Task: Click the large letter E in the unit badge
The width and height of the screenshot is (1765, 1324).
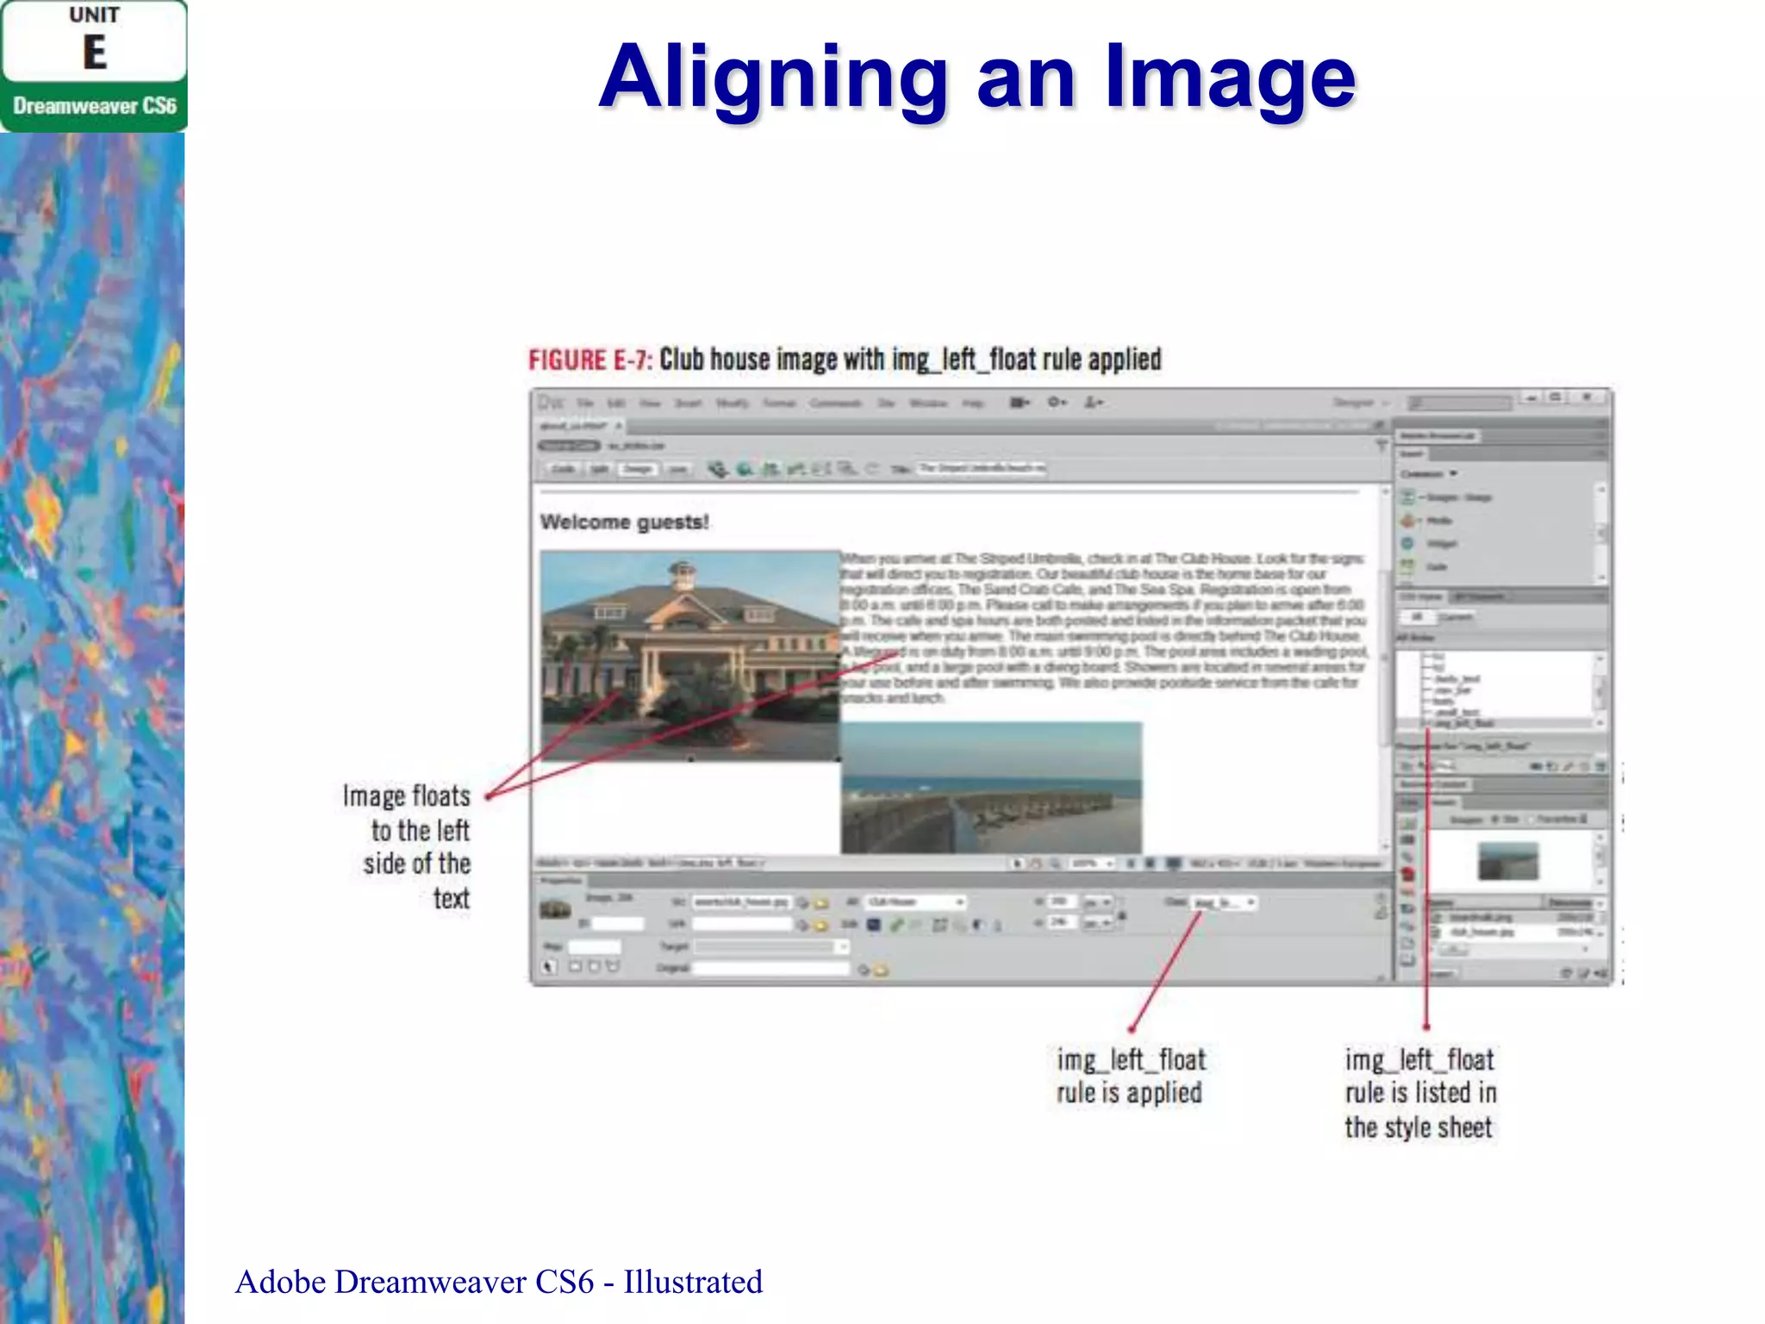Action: point(95,53)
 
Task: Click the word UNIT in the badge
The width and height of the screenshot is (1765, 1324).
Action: point(95,16)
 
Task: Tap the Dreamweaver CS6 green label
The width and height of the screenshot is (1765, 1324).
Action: point(94,106)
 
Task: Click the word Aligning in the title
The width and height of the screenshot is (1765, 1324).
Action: point(773,79)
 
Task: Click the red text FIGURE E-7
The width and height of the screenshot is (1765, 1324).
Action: point(590,359)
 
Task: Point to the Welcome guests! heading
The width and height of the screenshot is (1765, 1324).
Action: point(624,521)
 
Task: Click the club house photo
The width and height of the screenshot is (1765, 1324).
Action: point(689,655)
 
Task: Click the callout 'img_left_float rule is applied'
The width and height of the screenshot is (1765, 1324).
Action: point(1130,1076)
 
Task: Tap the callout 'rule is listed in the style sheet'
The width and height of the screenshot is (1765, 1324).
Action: point(1419,1093)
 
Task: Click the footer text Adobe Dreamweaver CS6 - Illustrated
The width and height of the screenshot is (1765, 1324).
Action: point(498,1282)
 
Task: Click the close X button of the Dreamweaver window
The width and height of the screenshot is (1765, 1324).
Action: point(1587,397)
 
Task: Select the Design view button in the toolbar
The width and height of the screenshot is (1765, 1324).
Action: point(638,469)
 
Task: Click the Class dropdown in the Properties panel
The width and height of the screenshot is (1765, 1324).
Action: point(1224,902)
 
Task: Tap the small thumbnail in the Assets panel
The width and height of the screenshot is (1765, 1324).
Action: point(1507,860)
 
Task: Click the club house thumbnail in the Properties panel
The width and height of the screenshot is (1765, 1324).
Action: point(556,909)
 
